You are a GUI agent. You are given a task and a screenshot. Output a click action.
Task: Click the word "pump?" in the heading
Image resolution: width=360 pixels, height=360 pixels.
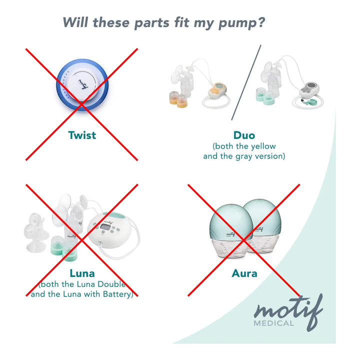tap(242, 23)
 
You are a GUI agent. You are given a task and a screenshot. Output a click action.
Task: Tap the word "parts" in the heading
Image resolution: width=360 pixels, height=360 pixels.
tap(152, 23)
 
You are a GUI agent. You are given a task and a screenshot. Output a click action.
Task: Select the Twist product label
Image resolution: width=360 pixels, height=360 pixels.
tap(82, 135)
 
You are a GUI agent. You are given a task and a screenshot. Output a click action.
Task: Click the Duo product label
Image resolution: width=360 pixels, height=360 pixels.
tap(244, 135)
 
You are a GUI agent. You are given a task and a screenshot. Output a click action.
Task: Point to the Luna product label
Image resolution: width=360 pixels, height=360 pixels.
tap(82, 273)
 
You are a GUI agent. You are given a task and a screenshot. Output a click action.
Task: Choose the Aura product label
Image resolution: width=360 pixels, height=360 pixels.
tap(244, 273)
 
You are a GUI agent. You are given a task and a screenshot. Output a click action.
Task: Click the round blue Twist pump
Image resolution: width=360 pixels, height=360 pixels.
tap(82, 84)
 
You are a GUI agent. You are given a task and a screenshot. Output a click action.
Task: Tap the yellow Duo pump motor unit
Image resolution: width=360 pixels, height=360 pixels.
tap(217, 90)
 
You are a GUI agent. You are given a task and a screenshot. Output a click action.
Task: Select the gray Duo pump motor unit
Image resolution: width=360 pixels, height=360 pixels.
tap(309, 89)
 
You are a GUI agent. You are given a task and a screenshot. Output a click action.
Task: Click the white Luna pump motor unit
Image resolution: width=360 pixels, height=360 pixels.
tap(109, 230)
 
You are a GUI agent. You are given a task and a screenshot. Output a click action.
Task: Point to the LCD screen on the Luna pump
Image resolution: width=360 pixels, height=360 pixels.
tap(105, 227)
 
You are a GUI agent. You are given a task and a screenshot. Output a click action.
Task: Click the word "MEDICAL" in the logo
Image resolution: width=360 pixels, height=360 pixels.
tap(273, 323)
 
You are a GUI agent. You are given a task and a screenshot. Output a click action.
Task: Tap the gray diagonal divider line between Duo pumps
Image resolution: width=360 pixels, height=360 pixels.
tap(246, 82)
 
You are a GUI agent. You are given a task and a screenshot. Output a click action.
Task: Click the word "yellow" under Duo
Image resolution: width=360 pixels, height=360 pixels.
tap(263, 146)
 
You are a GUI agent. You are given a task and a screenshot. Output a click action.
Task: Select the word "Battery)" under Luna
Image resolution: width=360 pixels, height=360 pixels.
tap(118, 294)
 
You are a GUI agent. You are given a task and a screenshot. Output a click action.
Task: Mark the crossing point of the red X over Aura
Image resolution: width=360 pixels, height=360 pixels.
tap(244, 240)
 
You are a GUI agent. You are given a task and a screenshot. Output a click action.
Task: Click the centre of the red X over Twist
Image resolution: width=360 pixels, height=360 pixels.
tap(81, 104)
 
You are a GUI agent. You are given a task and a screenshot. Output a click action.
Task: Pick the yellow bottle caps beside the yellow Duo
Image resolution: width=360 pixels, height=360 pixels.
tap(178, 99)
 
